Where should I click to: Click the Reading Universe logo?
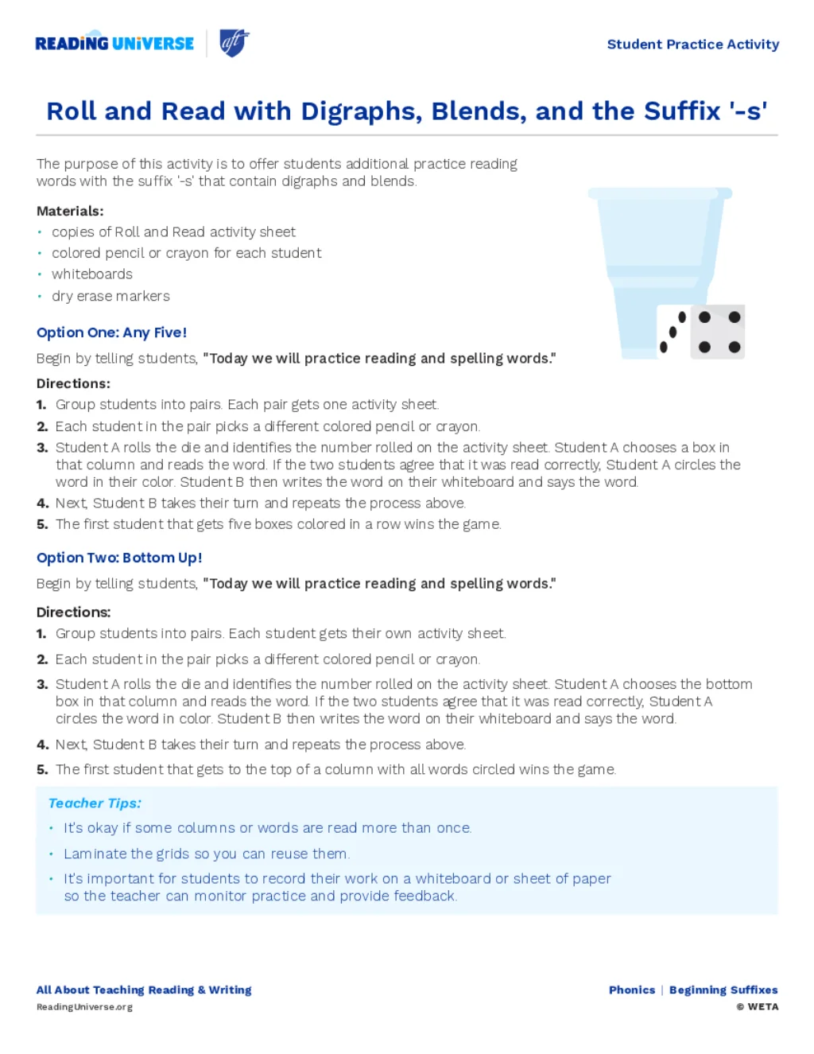tap(114, 44)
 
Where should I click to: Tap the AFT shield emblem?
tap(234, 43)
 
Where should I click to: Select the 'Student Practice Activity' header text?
tap(692, 45)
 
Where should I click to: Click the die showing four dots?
tap(719, 332)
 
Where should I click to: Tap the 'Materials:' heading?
tap(70, 211)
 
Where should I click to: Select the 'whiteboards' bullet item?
tap(92, 274)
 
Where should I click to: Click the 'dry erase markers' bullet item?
tap(110, 296)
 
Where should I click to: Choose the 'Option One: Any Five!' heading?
tap(111, 333)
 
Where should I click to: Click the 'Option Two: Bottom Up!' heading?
tap(119, 558)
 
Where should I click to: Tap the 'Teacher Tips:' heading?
tap(95, 803)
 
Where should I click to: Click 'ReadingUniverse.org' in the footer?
tap(84, 1007)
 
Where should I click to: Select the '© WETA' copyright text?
tap(757, 1007)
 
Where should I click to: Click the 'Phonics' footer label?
tap(632, 990)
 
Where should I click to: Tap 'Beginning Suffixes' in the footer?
tap(723, 990)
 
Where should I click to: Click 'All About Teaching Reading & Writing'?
tap(144, 990)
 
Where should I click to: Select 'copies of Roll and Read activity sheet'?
tap(173, 232)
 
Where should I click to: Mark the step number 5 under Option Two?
tap(42, 770)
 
